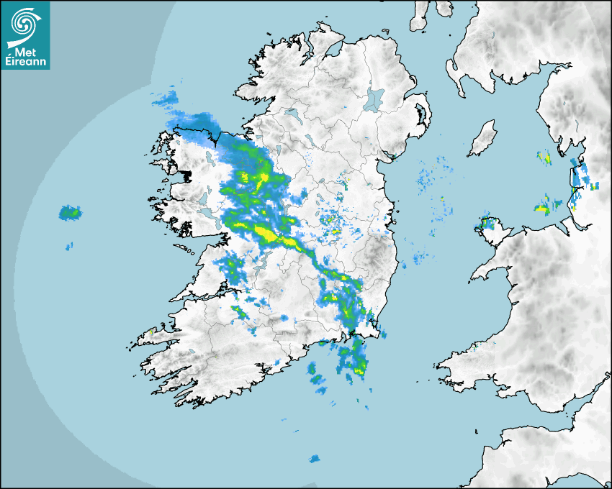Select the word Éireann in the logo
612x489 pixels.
pos(27,63)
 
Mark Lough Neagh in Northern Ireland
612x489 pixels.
pos(375,99)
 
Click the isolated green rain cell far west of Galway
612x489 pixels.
pos(71,212)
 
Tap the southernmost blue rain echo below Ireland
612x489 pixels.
pos(314,459)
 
